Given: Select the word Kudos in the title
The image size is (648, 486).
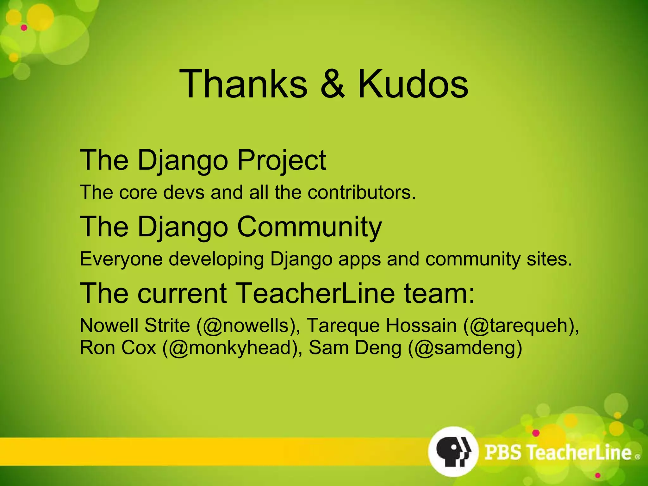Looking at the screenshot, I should click(413, 84).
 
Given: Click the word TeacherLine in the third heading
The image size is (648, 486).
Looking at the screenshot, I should click(315, 293).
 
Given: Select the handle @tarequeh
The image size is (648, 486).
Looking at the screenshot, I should click(521, 326).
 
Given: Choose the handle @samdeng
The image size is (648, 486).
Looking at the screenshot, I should click(465, 348).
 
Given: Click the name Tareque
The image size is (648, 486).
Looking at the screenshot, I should click(343, 326).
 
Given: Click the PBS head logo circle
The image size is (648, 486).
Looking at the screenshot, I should click(453, 452).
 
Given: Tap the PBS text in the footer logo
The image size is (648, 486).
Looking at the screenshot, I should click(503, 452).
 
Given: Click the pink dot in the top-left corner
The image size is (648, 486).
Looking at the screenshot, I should click(24, 28).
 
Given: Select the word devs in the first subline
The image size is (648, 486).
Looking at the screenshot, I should click(184, 192).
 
